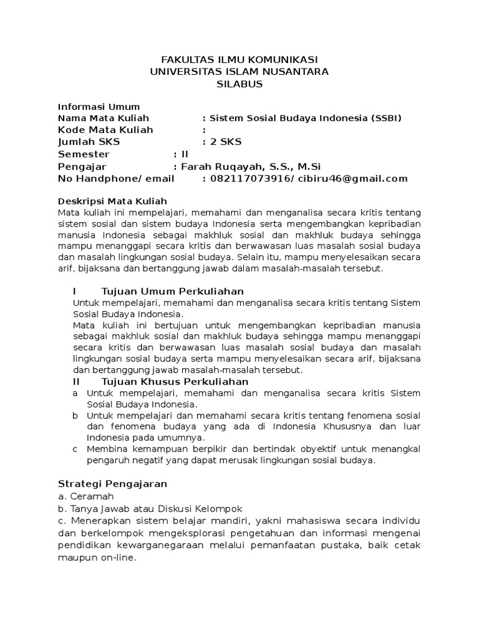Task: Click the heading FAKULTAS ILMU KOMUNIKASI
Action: pyautogui.click(x=239, y=59)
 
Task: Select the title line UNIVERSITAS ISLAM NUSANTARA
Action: pyautogui.click(x=239, y=72)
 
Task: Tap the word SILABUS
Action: pyautogui.click(x=239, y=84)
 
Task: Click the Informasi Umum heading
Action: pyautogui.click(x=99, y=107)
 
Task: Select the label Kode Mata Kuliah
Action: pyautogui.click(x=105, y=130)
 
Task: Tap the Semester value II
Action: pyautogui.click(x=184, y=154)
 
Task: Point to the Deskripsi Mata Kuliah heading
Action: pyautogui.click(x=112, y=201)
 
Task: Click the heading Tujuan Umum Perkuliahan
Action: pyautogui.click(x=172, y=291)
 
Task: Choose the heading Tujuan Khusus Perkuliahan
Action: pyautogui.click(x=175, y=381)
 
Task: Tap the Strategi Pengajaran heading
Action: pyautogui.click(x=112, y=484)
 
